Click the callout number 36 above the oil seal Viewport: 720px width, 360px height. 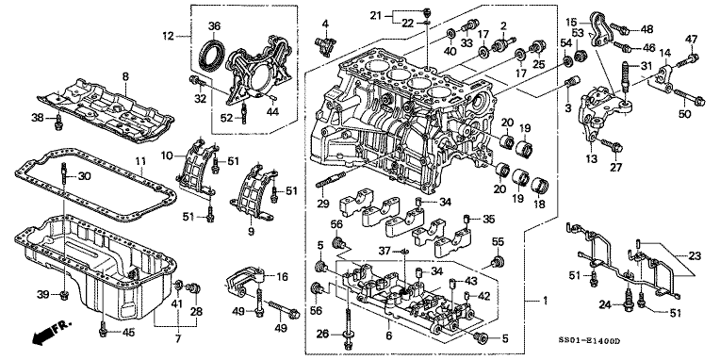[214, 25]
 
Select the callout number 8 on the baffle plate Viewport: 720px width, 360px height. [123, 74]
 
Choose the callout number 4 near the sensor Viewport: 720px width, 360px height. [324, 23]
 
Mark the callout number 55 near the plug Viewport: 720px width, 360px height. [498, 240]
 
